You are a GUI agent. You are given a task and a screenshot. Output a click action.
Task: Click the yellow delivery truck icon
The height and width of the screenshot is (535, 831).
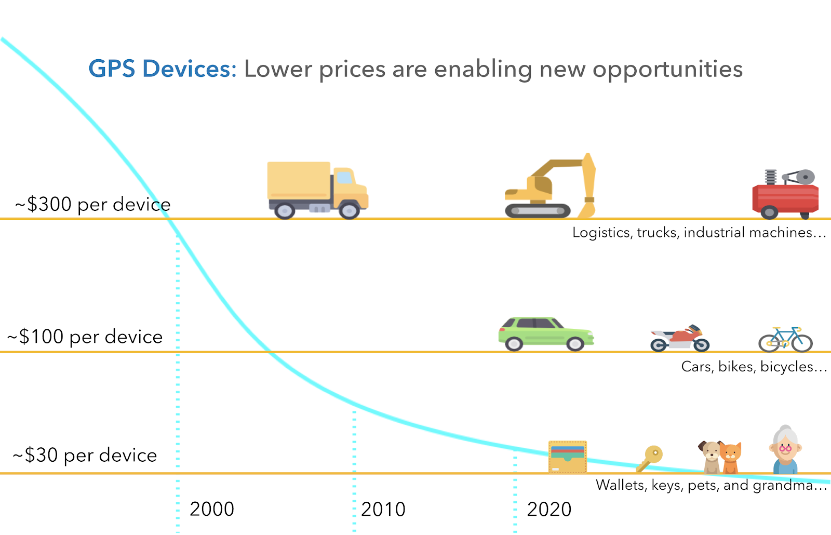[x=317, y=190]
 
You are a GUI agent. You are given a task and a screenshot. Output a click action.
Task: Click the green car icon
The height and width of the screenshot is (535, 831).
[x=545, y=334]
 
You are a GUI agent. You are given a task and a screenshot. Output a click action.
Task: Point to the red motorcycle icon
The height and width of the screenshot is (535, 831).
[x=679, y=339]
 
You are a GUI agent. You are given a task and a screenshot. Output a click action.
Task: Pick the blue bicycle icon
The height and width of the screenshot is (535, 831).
[x=785, y=340]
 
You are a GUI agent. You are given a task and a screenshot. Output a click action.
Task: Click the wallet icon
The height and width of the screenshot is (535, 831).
[x=568, y=457]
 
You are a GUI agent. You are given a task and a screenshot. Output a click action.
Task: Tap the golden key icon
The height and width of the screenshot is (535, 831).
[x=649, y=458]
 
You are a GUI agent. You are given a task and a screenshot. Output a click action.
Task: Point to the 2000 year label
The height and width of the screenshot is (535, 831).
[x=212, y=509]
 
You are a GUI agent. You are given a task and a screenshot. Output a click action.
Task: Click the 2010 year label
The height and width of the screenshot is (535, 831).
[x=383, y=509]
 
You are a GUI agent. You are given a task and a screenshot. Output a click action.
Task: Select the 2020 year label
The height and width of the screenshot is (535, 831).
[x=549, y=509]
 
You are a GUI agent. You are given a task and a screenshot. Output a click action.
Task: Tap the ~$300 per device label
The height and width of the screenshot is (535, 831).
[x=93, y=204]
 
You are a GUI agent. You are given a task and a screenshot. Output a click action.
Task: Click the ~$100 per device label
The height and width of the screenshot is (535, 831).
[x=85, y=337]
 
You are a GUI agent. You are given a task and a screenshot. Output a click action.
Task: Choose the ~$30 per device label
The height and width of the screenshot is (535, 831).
[x=85, y=455]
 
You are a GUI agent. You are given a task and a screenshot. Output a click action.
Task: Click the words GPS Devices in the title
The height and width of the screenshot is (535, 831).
[x=162, y=69]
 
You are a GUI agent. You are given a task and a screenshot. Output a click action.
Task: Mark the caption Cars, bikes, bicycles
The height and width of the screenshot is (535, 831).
[x=754, y=367]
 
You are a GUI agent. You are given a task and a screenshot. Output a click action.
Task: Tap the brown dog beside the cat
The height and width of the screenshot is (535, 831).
[x=710, y=456]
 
